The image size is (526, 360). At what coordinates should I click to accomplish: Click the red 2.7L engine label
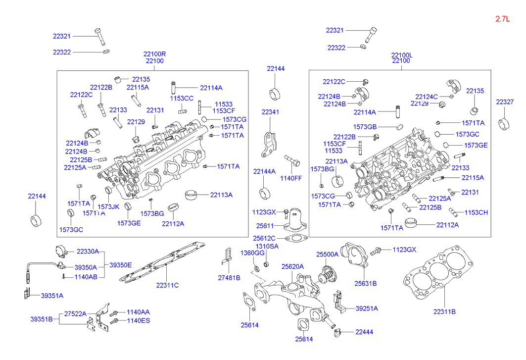click(502, 19)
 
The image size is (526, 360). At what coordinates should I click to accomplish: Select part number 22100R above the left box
click(154, 54)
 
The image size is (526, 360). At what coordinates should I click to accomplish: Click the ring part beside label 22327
click(504, 123)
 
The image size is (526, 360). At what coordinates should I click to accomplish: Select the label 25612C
click(266, 238)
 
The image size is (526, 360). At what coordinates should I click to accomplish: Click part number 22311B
click(444, 311)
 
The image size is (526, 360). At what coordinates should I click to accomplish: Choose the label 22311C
click(167, 285)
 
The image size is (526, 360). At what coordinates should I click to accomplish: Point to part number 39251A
click(367, 309)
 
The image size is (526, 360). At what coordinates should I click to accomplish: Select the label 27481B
click(229, 278)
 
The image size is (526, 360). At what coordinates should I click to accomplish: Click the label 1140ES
click(139, 321)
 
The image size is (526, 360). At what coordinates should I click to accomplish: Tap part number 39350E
click(121, 265)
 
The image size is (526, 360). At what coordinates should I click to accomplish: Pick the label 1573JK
click(108, 206)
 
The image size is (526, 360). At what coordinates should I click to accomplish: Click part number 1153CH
click(476, 212)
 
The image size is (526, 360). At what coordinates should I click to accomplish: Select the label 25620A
click(292, 266)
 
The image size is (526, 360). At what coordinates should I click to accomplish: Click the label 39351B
click(41, 319)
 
